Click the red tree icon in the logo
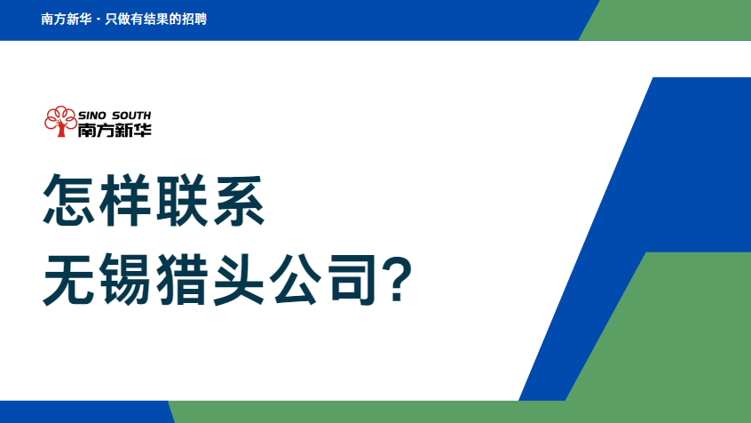pyautogui.click(x=60, y=122)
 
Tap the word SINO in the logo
pyautogui.click(x=93, y=116)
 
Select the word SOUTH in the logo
pyautogui.click(x=131, y=116)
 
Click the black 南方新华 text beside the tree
pyautogui.click(x=115, y=130)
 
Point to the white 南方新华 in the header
pyautogui.click(x=66, y=20)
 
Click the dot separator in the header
pyautogui.click(x=99, y=20)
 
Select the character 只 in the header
pyautogui.click(x=111, y=20)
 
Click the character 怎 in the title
pyautogui.click(x=69, y=200)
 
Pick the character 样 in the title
pyautogui.click(x=125, y=200)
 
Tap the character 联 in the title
pyautogui.click(x=181, y=200)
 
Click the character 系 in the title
pyautogui.click(x=239, y=200)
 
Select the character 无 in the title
pyautogui.click(x=69, y=279)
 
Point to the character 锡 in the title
pyautogui.click(x=125, y=279)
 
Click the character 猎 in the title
pyautogui.click(x=181, y=279)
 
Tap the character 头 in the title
pyautogui.click(x=239, y=279)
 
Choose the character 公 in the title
pyautogui.click(x=295, y=279)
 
